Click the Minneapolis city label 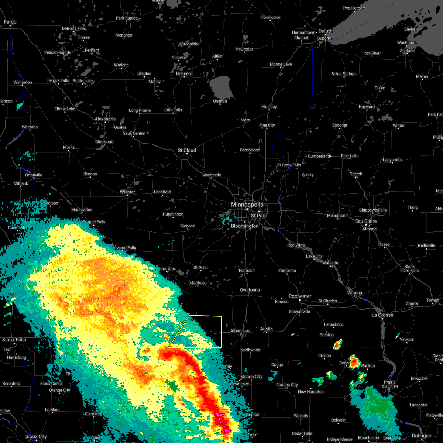[247, 205]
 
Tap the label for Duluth [325, 31]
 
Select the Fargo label [10, 22]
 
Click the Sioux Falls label [14, 340]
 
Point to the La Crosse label [382, 315]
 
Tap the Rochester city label [300, 296]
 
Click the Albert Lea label [240, 331]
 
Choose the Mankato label [198, 283]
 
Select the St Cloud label [187, 150]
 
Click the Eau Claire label [366, 221]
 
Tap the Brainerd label [184, 73]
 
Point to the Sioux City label [36, 436]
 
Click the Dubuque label [421, 436]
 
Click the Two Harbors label [354, 8]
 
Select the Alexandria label [105, 119]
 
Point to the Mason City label [251, 377]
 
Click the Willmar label [127, 192]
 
